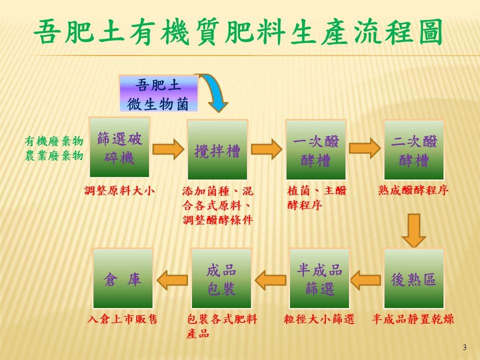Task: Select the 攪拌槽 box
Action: [217, 149]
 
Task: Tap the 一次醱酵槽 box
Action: [316, 149]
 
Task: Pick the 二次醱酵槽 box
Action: [414, 149]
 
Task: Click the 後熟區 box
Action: [414, 278]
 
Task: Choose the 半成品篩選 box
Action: [319, 278]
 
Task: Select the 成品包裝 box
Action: [221, 278]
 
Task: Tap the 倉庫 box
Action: [123, 278]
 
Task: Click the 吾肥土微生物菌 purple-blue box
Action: [158, 93]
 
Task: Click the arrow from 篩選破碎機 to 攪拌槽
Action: [168, 149]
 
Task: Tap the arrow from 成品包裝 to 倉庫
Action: [172, 280]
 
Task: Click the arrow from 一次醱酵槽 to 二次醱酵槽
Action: [365, 148]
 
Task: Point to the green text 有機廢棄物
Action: [54, 141]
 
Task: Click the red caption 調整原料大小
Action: [119, 190]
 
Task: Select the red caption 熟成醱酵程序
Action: [413, 190]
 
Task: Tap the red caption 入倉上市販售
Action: [122, 319]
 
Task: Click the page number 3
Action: [464, 347]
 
